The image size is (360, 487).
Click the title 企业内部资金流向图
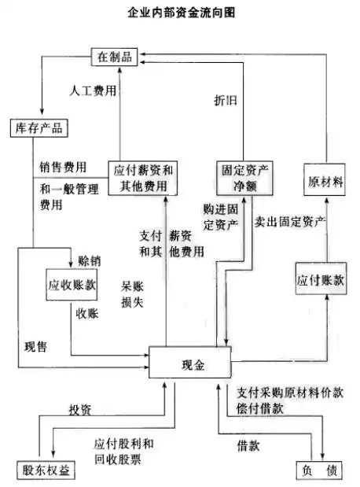pyautogui.click(x=180, y=13)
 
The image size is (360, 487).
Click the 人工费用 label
pyautogui.click(x=93, y=90)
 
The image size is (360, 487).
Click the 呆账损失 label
pyautogui.click(x=131, y=293)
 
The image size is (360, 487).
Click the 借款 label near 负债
pyautogui.click(x=248, y=445)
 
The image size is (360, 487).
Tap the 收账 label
pyautogui.click(x=86, y=314)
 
